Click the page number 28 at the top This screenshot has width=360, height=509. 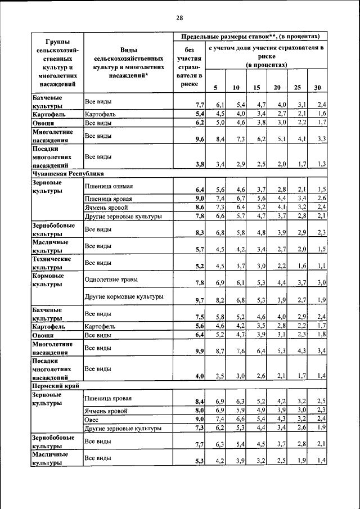[179, 17]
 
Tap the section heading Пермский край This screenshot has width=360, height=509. [55, 386]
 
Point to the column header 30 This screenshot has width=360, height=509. [318, 87]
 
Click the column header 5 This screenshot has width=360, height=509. [215, 87]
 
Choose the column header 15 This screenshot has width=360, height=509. [256, 87]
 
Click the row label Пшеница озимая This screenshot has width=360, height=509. [109, 186]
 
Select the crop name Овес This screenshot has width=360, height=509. [92, 420]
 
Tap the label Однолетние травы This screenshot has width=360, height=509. [111, 280]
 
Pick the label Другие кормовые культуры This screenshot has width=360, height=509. [124, 296]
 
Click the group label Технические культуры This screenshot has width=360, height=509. [51, 263]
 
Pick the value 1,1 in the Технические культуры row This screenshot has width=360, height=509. [321, 266]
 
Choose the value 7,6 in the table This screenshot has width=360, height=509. [240, 351]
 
